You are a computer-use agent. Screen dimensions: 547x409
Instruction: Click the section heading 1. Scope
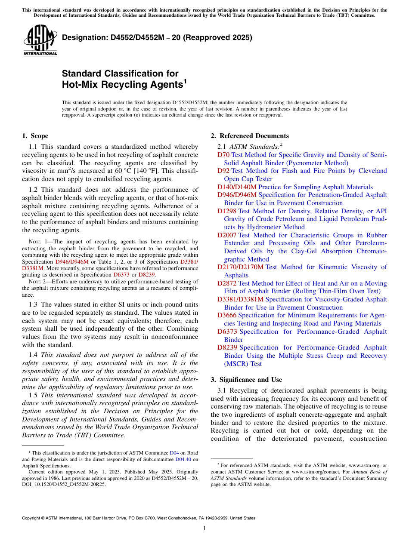click(x=35, y=136)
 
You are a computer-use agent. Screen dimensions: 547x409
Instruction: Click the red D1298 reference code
click(x=227, y=211)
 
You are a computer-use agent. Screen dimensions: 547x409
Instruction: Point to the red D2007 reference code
click(x=227, y=235)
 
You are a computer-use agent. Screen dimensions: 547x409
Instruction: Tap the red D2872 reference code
click(x=227, y=283)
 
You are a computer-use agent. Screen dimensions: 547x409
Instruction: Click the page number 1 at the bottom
click(x=204, y=529)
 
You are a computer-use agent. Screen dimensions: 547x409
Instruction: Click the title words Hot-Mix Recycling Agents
click(x=122, y=85)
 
